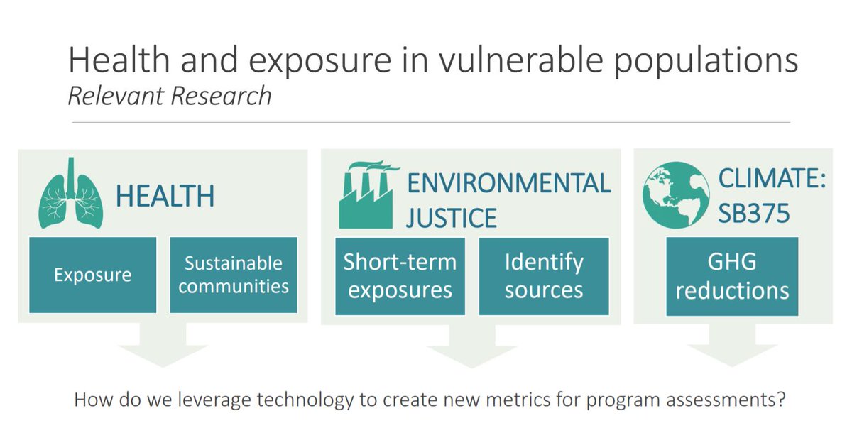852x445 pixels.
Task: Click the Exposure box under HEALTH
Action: coord(93,275)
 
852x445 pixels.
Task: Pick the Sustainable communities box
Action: coord(233,275)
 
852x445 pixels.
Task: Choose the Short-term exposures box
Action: coord(400,275)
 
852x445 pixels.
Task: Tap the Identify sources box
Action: coord(544,275)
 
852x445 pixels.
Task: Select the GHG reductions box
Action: coord(732,275)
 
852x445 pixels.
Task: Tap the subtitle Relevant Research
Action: coord(170,96)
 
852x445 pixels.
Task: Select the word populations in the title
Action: coord(706,62)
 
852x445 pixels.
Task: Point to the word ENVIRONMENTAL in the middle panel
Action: coord(508,182)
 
